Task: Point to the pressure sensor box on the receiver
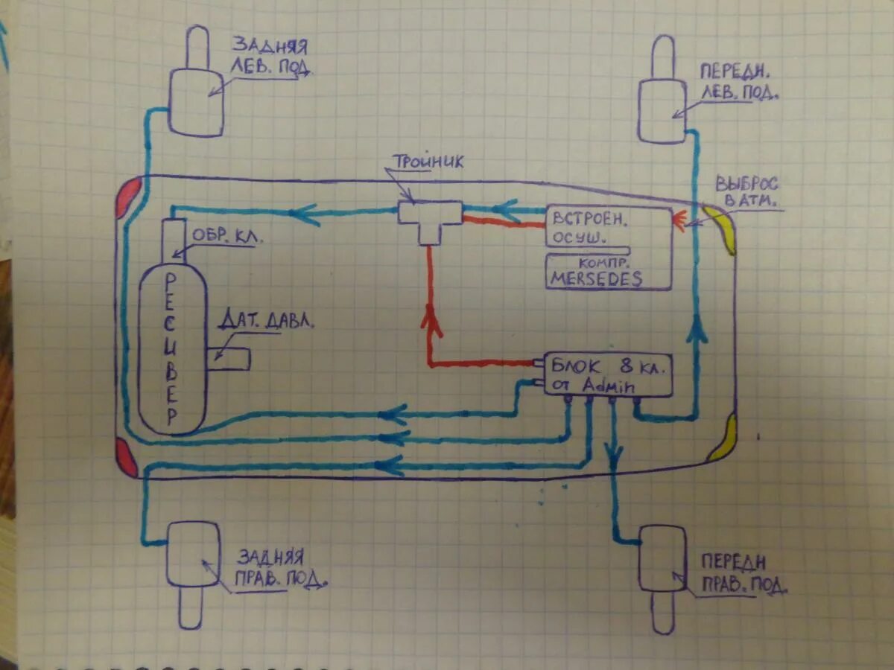coord(229,357)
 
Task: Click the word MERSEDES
coord(597,279)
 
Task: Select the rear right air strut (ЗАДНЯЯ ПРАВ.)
coord(192,555)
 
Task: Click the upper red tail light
coord(128,197)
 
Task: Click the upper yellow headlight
coord(721,227)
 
